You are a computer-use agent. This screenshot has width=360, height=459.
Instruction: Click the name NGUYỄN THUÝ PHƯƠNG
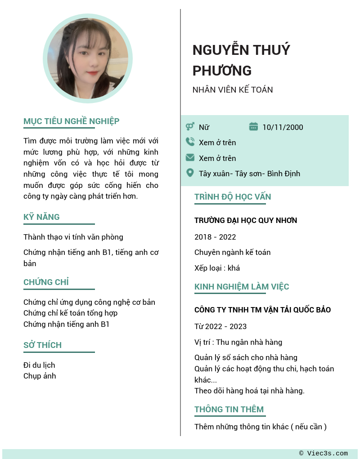(241, 60)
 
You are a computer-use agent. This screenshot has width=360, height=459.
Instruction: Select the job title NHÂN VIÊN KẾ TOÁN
(232, 89)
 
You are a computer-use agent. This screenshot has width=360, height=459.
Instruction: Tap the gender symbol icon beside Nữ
(190, 127)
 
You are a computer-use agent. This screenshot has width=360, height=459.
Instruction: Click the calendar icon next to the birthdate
(253, 127)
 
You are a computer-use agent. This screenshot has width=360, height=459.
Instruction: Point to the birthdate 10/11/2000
(283, 127)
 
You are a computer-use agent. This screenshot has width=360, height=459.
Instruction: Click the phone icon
(190, 142)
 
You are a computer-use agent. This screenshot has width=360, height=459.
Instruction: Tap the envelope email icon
(190, 158)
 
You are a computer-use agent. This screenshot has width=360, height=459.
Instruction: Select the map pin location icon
(190, 173)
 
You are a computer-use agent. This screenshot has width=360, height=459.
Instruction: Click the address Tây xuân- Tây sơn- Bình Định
(249, 174)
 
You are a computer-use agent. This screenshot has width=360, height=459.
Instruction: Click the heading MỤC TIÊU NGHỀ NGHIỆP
(71, 121)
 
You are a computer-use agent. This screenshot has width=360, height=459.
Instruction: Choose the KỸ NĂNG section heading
(41, 217)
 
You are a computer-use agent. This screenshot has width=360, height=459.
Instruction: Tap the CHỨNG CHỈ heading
(46, 282)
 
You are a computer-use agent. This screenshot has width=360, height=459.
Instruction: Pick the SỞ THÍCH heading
(42, 345)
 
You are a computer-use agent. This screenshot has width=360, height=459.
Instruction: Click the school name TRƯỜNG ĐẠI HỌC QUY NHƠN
(246, 220)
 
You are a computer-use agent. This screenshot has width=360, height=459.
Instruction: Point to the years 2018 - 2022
(215, 237)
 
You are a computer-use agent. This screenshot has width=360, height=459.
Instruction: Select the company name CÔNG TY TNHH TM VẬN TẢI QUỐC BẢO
(262, 310)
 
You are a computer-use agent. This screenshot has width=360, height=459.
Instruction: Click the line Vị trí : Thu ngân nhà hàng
(238, 342)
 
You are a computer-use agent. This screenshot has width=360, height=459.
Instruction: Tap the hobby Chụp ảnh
(40, 376)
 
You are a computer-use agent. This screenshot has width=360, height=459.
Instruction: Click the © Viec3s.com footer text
(323, 453)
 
